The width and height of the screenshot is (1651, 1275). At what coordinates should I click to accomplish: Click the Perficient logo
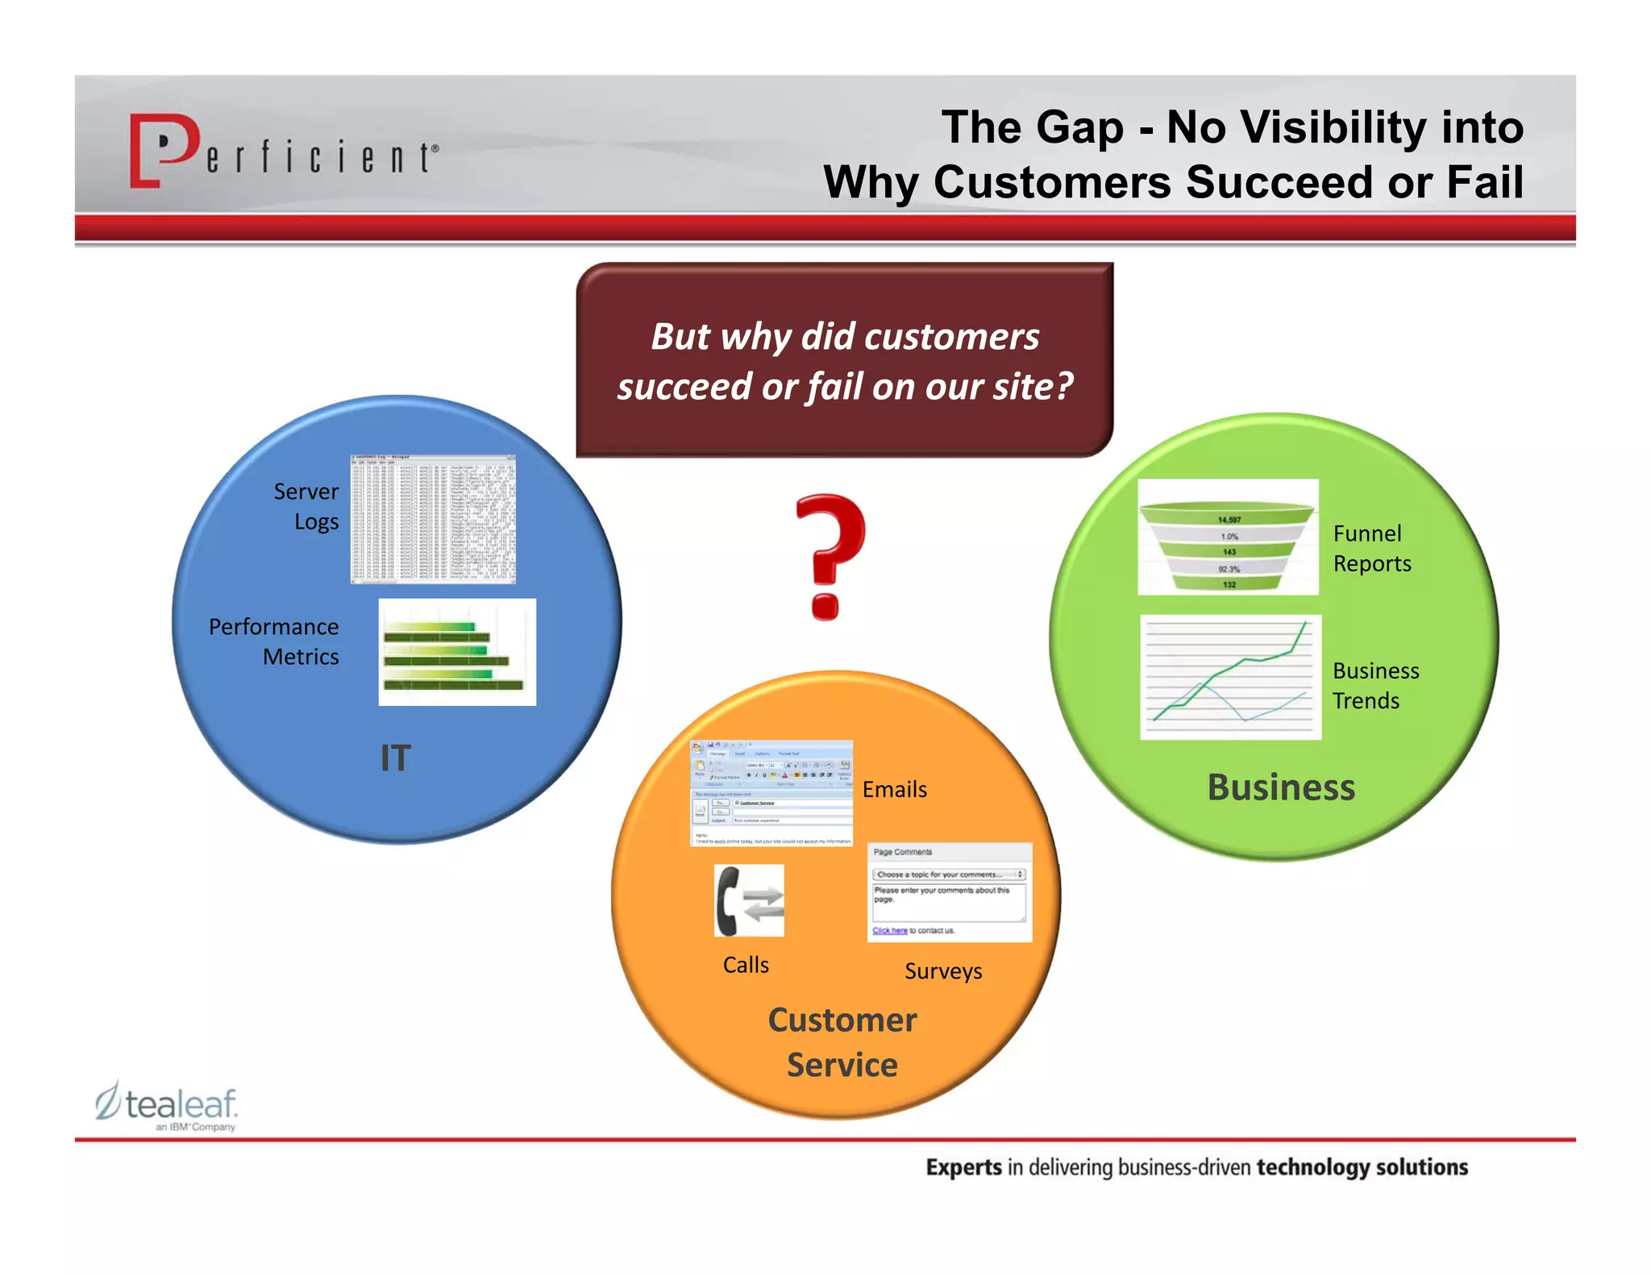282,151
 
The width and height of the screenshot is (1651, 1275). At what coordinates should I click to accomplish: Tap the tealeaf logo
167,1105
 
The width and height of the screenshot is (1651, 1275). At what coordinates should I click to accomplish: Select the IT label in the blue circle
395,758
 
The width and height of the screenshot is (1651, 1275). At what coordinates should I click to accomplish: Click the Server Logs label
306,506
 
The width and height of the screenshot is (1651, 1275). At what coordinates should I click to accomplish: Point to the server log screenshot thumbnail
433,519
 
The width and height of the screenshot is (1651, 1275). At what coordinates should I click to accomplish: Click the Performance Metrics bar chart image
457,652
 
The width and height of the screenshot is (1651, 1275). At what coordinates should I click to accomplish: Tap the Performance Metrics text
274,642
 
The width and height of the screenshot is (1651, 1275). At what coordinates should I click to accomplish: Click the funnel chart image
1228,538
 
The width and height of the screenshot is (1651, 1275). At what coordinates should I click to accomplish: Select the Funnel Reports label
1371,548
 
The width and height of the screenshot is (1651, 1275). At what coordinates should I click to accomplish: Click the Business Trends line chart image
1230,677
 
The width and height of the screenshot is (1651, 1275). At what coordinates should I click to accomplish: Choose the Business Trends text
1374,685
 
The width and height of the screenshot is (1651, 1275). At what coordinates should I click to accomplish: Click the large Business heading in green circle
1280,787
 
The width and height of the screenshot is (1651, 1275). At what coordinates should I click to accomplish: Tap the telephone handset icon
748,900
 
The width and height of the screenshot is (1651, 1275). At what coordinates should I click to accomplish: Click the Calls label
746,965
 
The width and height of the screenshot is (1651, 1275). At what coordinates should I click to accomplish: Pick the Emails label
894,789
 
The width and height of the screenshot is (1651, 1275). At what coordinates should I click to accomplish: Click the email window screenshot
771,793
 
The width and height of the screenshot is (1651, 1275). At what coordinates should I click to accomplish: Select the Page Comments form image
949,891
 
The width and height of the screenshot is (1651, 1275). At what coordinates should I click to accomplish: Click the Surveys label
943,971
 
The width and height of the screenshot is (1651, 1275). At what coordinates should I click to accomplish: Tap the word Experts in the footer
963,1167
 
